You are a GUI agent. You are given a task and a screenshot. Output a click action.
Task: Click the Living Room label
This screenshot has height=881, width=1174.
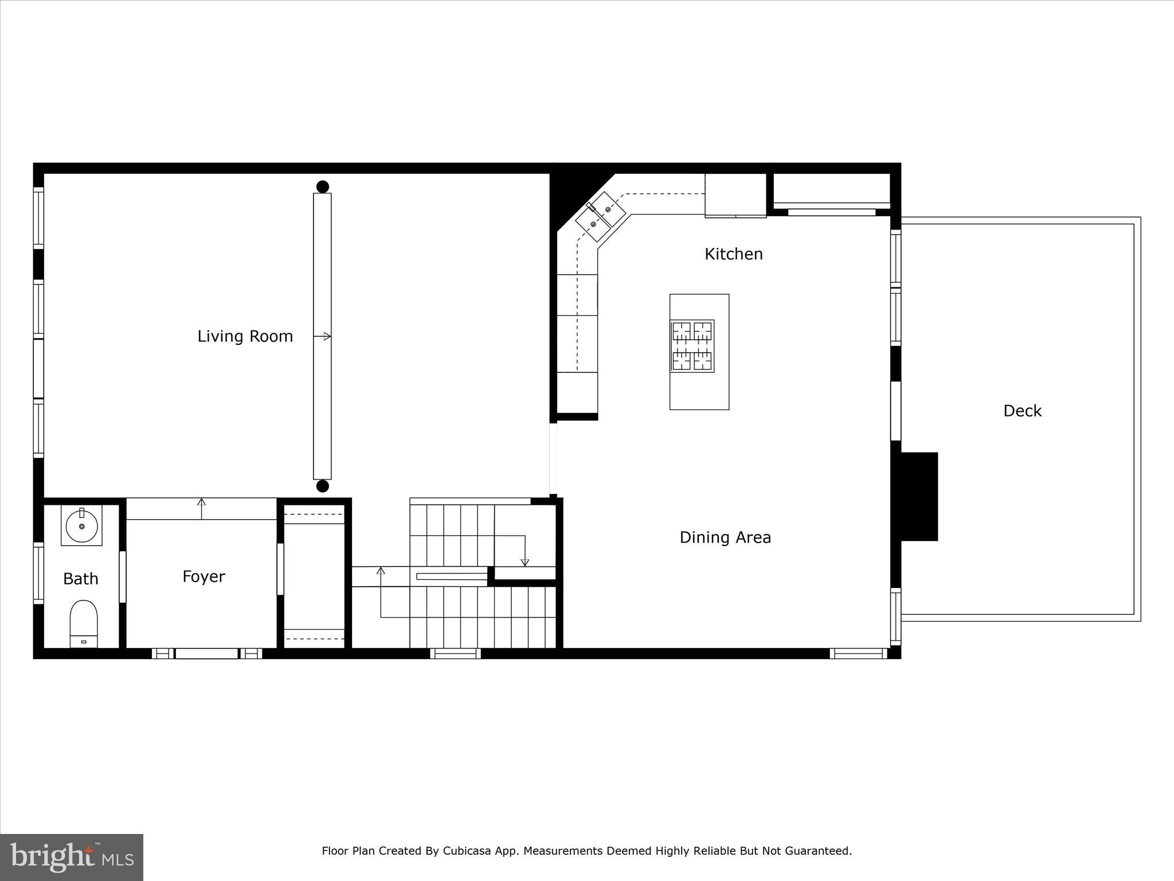click(x=245, y=336)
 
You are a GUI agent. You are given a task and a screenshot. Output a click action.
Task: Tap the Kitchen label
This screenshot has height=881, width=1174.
click(x=733, y=254)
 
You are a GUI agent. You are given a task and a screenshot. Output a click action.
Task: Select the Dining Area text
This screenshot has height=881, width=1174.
click(x=725, y=537)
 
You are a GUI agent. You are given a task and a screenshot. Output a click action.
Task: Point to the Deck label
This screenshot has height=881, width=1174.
click(x=1022, y=411)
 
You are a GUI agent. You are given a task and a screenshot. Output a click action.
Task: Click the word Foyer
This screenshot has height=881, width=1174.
click(x=204, y=576)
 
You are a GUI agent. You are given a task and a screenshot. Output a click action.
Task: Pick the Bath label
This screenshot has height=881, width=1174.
click(x=80, y=579)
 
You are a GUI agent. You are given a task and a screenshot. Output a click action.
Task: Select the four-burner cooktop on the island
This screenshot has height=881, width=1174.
click(x=692, y=346)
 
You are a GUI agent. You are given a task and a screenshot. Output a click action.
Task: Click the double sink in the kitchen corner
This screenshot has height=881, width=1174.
click(x=600, y=216)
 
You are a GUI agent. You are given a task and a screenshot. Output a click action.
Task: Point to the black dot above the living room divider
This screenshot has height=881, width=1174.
click(x=323, y=186)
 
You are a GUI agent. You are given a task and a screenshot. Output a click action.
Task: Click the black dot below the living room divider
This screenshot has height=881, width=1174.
click(x=323, y=486)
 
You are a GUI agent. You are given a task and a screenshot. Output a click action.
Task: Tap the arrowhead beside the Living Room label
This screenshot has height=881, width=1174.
click(x=327, y=336)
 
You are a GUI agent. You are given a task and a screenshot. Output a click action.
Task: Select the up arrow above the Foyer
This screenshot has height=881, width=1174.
click(x=201, y=502)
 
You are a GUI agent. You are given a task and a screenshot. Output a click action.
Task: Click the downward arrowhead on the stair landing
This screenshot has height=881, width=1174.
click(x=525, y=563)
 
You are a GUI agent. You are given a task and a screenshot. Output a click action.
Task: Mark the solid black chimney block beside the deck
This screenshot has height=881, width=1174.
click(x=919, y=496)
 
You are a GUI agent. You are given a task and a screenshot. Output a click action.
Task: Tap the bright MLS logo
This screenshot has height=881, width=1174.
click(x=71, y=857)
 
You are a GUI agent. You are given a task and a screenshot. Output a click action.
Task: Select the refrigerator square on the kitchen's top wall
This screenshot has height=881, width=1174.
click(x=735, y=195)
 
